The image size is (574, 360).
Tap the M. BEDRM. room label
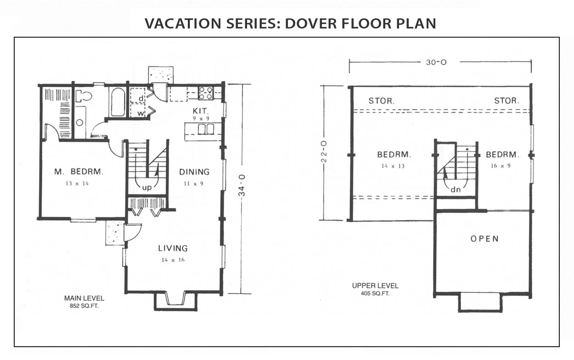[79, 172]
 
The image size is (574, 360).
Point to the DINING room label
[194, 172]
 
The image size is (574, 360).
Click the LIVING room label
[173, 248]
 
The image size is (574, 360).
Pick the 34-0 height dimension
[242, 185]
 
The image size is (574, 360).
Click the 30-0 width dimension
[436, 62]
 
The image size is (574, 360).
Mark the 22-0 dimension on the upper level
[324, 152]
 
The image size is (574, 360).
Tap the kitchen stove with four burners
[206, 93]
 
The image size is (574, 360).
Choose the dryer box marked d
[138, 96]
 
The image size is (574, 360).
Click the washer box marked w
[138, 111]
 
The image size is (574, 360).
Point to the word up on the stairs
[147, 188]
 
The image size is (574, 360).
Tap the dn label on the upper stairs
[456, 190]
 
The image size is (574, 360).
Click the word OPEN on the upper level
[484, 239]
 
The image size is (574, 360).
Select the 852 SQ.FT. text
[84, 306]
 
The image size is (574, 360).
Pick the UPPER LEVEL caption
[375, 286]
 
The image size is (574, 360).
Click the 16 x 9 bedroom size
[501, 166]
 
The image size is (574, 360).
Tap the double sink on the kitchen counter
[206, 129]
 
